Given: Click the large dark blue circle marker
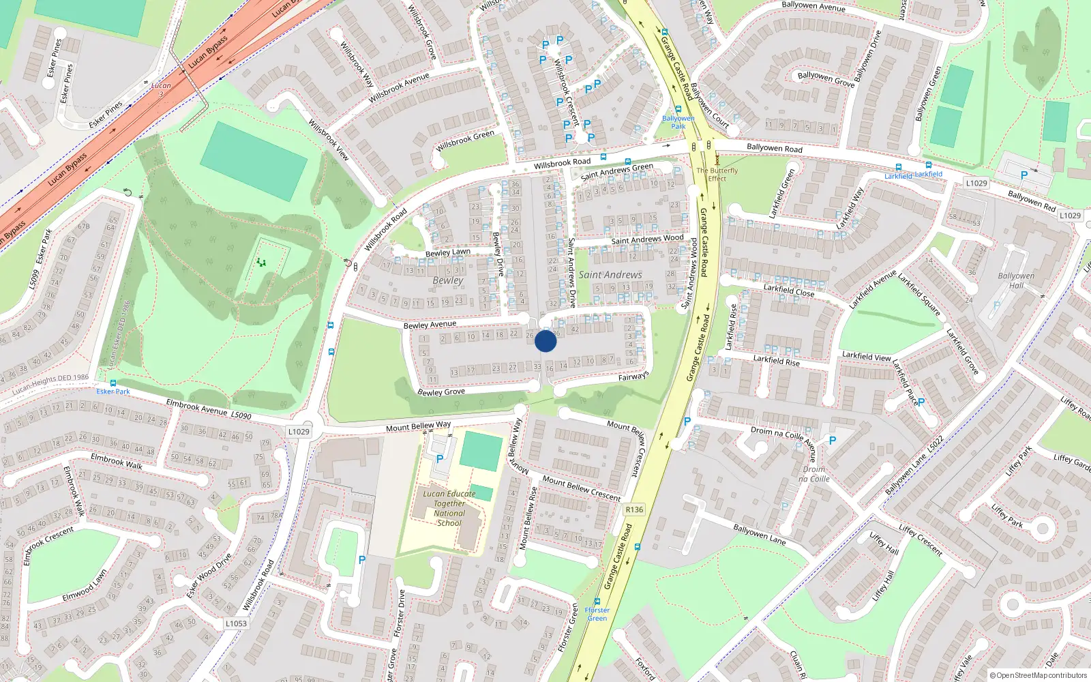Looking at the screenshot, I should tap(545, 341).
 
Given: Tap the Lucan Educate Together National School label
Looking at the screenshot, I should tap(449, 508).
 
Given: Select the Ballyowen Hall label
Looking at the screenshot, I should tap(1016, 280).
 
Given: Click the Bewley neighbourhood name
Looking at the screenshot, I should tap(447, 280).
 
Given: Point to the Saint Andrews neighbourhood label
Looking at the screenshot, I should tap(610, 275).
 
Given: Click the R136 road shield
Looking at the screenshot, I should tap(634, 509).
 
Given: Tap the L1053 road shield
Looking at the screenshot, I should tap(236, 623).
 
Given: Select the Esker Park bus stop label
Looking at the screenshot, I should tap(113, 391).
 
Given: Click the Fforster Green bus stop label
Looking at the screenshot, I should tap(597, 614).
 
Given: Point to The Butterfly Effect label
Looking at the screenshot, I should tap(717, 175).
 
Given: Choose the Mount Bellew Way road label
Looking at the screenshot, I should tap(418, 426).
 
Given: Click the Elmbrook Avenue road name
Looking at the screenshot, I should tap(197, 406).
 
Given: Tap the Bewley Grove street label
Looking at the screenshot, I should tap(441, 392).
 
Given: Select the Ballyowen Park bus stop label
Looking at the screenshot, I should tap(678, 122).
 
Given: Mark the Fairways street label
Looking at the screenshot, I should tap(633, 376).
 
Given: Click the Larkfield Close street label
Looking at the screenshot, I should tap(789, 291).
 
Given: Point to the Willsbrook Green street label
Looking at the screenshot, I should tap(465, 140).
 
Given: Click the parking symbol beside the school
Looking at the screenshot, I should tap(440, 459).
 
